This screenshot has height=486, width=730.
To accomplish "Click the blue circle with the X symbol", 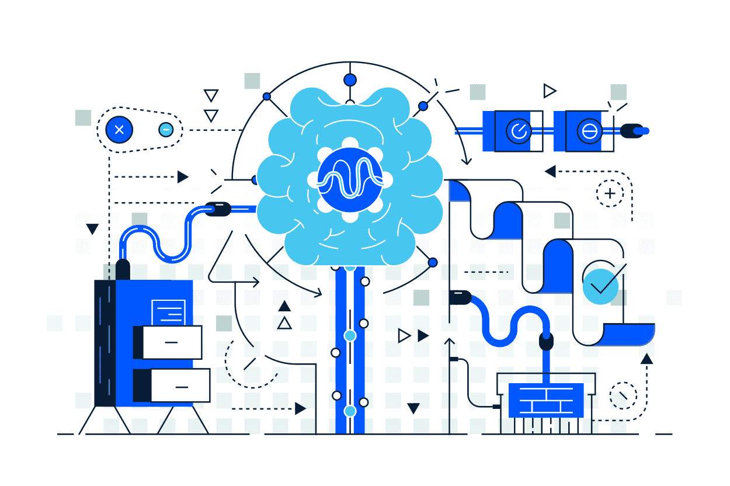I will [x=119, y=130].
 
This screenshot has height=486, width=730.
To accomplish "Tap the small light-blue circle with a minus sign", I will [x=166, y=129].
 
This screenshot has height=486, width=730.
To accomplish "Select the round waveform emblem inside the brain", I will [x=350, y=179].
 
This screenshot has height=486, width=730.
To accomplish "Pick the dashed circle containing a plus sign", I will [x=610, y=193].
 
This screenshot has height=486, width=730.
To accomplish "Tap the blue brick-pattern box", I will [x=546, y=400].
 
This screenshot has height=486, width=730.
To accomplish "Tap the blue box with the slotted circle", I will [x=589, y=131].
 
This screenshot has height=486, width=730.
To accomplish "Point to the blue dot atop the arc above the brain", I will [x=350, y=79].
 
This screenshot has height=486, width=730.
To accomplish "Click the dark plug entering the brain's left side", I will [x=217, y=209].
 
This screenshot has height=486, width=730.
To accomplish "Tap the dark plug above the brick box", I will [x=546, y=340].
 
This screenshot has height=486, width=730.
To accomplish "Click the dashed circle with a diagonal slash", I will [x=623, y=395].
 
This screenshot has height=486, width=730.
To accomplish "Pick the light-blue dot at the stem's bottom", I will [x=350, y=411].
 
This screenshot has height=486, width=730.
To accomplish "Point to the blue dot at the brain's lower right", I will [x=433, y=262].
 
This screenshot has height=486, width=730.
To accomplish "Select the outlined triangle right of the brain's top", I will [x=549, y=91].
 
